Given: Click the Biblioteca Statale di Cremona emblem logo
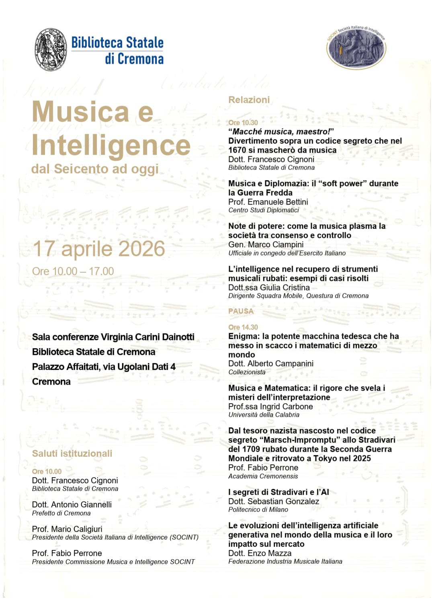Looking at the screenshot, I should click(x=51, y=50).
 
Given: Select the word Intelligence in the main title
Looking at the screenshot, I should click(x=111, y=145).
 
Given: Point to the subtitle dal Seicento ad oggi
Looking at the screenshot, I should click(x=95, y=169).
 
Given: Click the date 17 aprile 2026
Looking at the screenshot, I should click(x=99, y=248).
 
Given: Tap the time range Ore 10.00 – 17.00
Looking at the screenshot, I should click(x=73, y=271).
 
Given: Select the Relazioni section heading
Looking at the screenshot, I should click(x=249, y=100).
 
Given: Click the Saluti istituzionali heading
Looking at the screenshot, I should click(x=72, y=453).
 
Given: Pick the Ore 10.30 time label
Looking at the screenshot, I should click(x=243, y=123).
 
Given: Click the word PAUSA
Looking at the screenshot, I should click(x=241, y=311).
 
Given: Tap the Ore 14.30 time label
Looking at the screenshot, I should click(x=243, y=327).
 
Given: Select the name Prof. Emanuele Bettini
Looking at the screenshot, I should click(x=268, y=202).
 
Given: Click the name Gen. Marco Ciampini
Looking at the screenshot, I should click(x=266, y=244).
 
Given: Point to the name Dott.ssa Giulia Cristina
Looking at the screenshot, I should click(x=269, y=287).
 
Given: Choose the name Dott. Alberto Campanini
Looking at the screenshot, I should click(x=271, y=363).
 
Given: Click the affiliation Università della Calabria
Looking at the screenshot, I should click(x=264, y=414).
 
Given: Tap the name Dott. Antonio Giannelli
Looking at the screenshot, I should click(x=72, y=505).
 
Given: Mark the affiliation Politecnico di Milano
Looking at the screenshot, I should click(x=258, y=509).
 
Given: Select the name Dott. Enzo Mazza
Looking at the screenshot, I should click(x=260, y=553).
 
